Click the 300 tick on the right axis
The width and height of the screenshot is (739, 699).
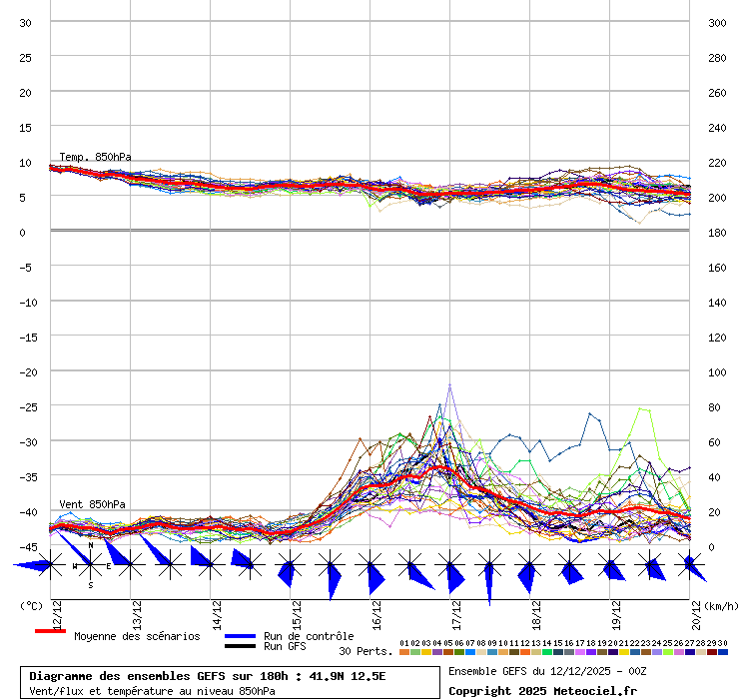point(716,22)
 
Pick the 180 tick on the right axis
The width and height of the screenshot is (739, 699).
point(716,232)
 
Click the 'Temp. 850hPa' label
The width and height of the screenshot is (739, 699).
point(95,157)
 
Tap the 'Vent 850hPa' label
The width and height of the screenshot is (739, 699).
point(93,504)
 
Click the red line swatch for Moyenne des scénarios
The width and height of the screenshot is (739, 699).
point(50,631)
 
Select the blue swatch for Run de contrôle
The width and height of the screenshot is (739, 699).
point(240,636)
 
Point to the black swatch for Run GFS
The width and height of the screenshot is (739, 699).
point(240,646)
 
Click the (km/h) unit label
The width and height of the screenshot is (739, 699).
point(720,605)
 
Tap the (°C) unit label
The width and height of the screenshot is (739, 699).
point(31,605)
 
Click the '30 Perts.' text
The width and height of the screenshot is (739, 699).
point(366,651)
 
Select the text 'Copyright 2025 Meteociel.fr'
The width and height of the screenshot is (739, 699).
point(542,690)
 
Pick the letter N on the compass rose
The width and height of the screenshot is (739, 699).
point(91,545)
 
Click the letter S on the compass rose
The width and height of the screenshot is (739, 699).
point(91,585)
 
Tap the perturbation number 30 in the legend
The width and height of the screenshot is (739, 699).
point(721,643)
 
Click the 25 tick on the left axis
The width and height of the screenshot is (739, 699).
point(26,57)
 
